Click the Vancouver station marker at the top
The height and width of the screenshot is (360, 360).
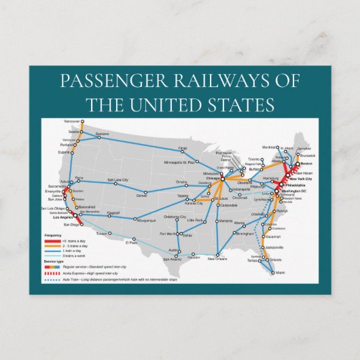click(82, 123)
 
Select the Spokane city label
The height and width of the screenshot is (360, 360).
click(103, 134)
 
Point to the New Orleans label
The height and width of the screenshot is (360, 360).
click(217, 259)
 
